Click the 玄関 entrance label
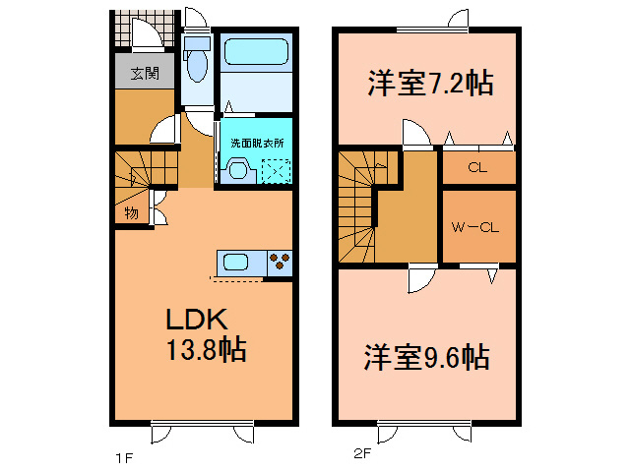point(145,74)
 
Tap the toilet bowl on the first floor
point(197,65)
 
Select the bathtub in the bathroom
point(256,52)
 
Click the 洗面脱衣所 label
point(257,143)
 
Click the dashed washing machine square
point(276,171)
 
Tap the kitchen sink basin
point(236,263)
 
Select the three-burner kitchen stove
point(280,263)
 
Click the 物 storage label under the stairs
point(131,212)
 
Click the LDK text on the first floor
point(197,320)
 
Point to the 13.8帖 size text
point(207,350)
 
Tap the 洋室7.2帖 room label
point(430,83)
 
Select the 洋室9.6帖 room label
point(426,357)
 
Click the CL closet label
point(477,167)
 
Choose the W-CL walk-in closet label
point(474,227)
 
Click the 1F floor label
point(124,457)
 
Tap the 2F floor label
point(362,453)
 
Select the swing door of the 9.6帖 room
point(422,279)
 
